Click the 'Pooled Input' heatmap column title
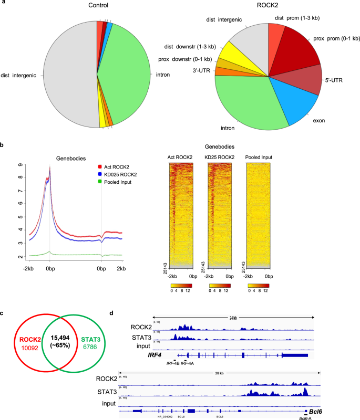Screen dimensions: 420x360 (x=259, y=157)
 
